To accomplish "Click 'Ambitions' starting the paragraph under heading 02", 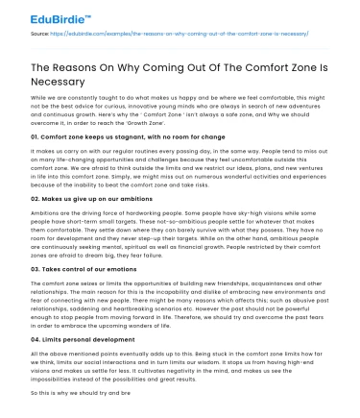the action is (46, 238).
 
